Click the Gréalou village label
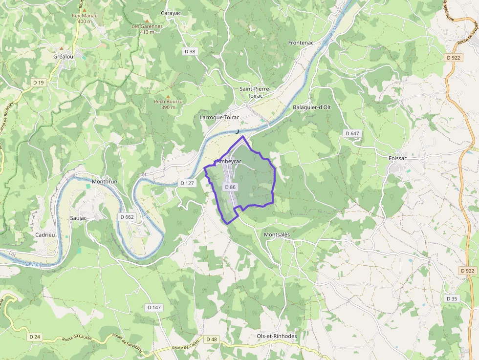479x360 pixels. (63, 56)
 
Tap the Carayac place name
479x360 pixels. (171, 13)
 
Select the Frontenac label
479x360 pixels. (301, 42)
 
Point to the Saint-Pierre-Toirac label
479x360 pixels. (255, 92)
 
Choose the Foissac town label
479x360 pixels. (397, 158)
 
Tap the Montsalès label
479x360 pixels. (277, 234)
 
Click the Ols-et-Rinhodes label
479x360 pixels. (277, 336)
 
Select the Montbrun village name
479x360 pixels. (105, 181)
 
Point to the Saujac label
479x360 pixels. (78, 218)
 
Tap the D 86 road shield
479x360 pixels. (230, 187)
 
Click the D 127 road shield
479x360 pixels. (187, 183)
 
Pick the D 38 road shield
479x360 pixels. (190, 51)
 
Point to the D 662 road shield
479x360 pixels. (127, 216)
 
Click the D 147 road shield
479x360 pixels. (153, 307)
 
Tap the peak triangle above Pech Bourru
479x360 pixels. (168, 96)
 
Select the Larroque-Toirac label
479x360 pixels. (219, 117)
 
